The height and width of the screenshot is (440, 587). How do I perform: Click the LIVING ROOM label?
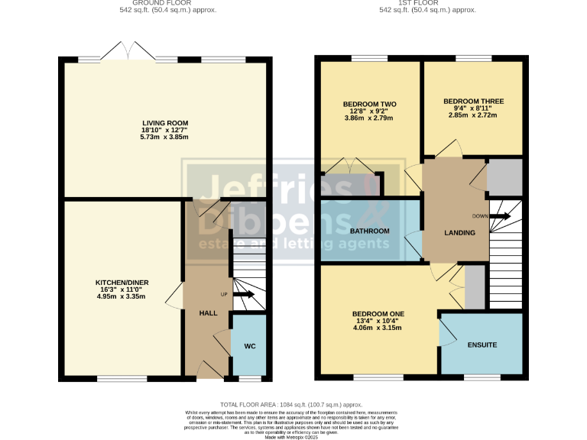coord(165,122)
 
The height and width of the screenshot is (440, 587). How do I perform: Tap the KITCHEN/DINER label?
coord(122,282)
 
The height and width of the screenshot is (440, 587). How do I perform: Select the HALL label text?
coord(208,313)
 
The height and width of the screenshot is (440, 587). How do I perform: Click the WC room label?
coord(249,346)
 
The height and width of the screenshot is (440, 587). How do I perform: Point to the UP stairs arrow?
coord(244,294)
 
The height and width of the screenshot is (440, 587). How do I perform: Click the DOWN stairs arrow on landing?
coord(501,216)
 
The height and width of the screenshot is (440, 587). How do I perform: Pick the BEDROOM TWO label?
coord(369,104)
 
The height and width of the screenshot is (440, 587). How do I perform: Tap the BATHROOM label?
coord(369,231)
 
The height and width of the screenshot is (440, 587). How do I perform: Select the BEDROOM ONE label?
coord(378,314)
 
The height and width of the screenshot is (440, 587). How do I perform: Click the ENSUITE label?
coord(482,345)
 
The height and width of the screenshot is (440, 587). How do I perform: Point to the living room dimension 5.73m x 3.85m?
coord(165,137)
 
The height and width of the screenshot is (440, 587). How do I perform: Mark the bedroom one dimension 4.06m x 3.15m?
coord(378,328)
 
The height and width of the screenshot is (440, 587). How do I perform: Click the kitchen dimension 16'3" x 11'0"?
coord(122,290)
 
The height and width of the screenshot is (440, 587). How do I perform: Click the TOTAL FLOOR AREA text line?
coord(290,404)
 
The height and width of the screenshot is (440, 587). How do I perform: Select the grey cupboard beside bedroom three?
coord(504,177)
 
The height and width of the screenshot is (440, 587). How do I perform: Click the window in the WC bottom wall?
coord(249,378)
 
